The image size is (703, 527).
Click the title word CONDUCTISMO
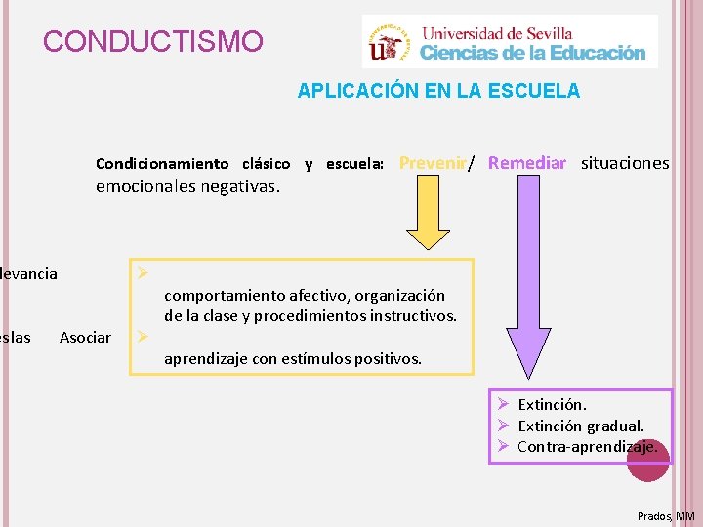(x=153, y=42)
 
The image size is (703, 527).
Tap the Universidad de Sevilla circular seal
(x=389, y=41)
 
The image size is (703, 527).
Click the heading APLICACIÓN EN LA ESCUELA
(x=438, y=91)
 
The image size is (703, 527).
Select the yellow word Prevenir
(x=432, y=163)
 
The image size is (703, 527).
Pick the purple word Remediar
(x=527, y=163)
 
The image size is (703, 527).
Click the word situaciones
(x=625, y=163)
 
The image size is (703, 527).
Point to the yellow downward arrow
(x=427, y=217)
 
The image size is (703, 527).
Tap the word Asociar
(x=85, y=337)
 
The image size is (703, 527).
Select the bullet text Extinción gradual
(x=581, y=426)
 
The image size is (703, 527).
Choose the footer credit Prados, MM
(x=666, y=515)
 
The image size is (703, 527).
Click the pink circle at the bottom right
(x=648, y=466)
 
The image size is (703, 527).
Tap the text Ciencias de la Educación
(x=533, y=52)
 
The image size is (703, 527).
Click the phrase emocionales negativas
(x=187, y=186)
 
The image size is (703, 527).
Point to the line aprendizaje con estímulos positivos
(x=293, y=359)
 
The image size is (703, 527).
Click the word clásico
(x=266, y=164)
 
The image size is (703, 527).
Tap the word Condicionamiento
(x=162, y=164)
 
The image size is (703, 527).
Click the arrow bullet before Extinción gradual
(x=502, y=426)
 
